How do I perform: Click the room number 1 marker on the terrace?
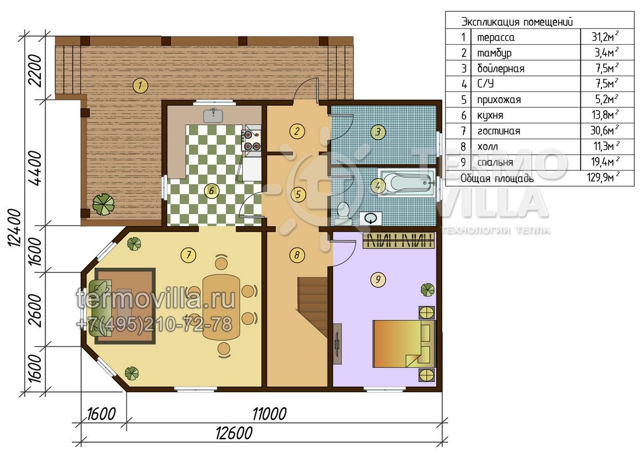140,85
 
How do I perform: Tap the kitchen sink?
214,115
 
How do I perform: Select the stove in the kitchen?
251,140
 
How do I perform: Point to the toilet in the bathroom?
342,213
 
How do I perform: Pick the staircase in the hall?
312,307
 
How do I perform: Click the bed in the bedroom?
404,344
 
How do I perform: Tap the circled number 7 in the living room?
188,255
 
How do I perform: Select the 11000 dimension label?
269,414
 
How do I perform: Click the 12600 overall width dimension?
234,433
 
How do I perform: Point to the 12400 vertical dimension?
14,228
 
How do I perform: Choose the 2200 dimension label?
35,71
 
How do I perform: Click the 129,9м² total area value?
603,178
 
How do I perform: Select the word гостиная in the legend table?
499,131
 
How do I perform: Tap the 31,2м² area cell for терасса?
605,37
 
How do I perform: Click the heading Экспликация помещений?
517,22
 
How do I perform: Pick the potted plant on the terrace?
104,204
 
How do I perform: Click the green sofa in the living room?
100,308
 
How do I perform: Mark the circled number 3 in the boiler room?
378,132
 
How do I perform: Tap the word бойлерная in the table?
501,69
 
